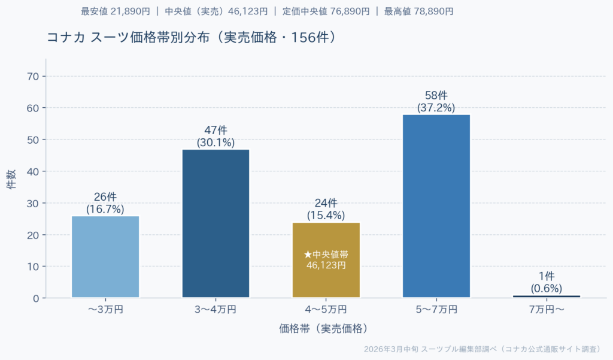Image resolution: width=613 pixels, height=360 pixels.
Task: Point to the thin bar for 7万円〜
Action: coord(547,296)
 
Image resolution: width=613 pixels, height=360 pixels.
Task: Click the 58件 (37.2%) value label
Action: coord(436,102)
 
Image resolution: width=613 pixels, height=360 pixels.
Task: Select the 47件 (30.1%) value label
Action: coord(216,137)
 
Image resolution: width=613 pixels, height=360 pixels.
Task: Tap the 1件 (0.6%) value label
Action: coord(547,282)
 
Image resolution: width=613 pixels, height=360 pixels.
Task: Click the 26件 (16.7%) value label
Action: coord(105,203)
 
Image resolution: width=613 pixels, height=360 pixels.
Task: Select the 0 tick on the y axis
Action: coord(36,298)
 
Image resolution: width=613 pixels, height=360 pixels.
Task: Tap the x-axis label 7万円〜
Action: coord(547,310)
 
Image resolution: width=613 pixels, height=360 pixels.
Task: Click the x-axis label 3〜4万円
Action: coord(216,310)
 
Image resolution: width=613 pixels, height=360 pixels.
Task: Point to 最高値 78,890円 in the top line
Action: coord(418,11)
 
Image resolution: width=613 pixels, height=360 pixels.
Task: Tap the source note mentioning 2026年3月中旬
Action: coord(482,349)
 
